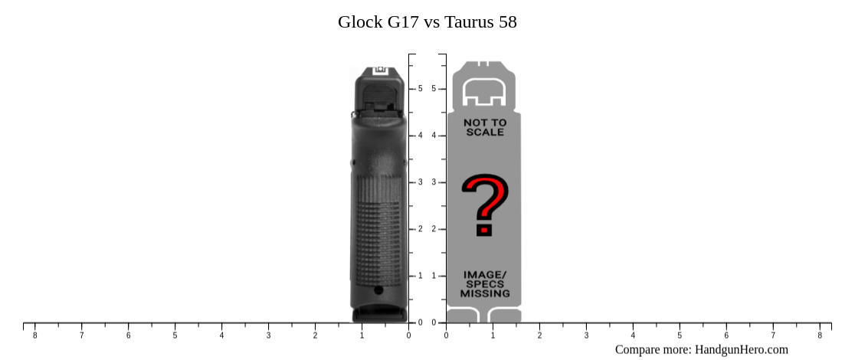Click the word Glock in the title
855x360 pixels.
point(360,22)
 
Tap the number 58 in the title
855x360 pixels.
point(507,22)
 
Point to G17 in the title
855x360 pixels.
point(403,22)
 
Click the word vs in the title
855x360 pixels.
point(433,22)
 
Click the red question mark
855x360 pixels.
point(484,205)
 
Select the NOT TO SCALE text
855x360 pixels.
point(484,127)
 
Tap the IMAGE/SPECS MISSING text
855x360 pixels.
point(484,283)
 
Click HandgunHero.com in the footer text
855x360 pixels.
point(741,349)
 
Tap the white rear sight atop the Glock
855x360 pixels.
point(380,71)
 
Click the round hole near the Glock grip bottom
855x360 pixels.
point(378,290)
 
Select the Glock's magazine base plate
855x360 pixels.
point(379,315)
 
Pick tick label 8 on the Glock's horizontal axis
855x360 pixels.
point(34,335)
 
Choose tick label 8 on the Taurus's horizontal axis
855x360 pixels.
point(819,335)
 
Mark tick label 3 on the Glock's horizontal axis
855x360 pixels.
point(268,335)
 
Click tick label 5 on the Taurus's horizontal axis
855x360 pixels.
point(679,335)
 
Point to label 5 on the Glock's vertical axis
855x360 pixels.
point(420,89)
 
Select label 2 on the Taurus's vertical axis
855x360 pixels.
point(434,229)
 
